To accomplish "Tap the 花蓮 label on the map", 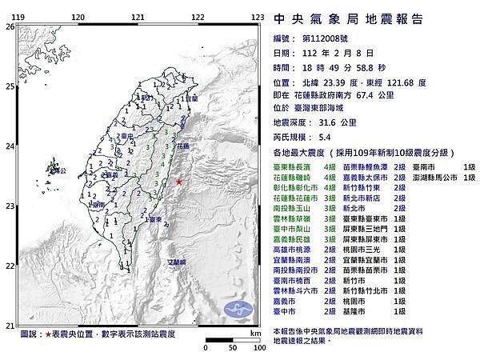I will coord(182,146).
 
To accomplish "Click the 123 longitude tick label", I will coord(258,16).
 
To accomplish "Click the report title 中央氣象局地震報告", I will coord(349,19).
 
